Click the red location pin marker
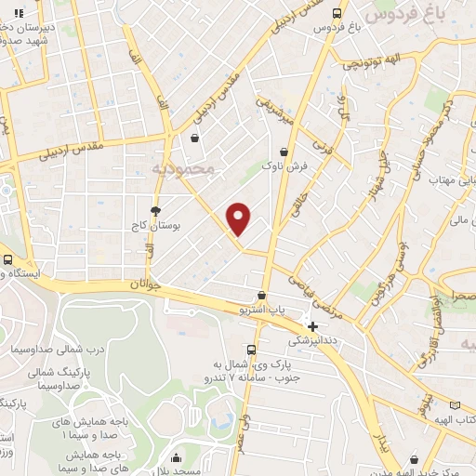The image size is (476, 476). [x=239, y=218]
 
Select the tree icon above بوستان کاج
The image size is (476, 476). [x=155, y=211]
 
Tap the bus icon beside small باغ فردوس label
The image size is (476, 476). [x=337, y=13]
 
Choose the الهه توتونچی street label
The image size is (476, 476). [x=373, y=64]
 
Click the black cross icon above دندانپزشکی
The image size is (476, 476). [x=313, y=326]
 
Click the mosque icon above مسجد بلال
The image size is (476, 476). [x=177, y=457]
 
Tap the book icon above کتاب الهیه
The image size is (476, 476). [x=455, y=405]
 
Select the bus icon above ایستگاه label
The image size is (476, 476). [x=7, y=259]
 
